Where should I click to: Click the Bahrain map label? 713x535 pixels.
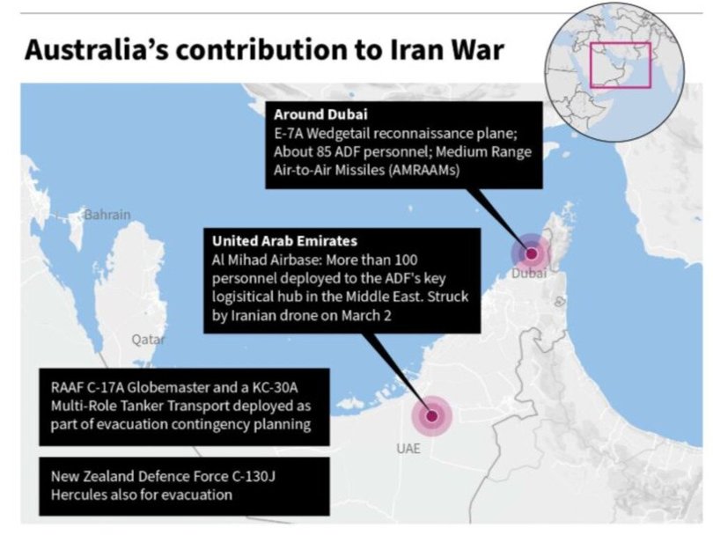107,215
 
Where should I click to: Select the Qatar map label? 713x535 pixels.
148,339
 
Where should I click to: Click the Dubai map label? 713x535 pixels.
528,275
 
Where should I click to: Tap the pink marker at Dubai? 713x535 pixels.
532,254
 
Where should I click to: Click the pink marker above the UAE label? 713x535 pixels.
432,417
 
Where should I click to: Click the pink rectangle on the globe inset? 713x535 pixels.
620,64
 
